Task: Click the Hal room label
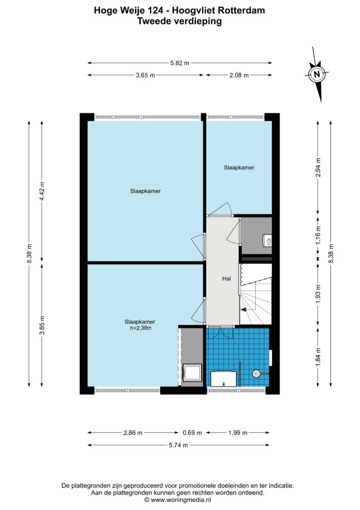click(x=227, y=278)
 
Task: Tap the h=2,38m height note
click(x=141, y=328)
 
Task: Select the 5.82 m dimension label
click(x=180, y=63)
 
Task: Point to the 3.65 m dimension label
click(x=145, y=75)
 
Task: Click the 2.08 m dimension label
click(x=239, y=75)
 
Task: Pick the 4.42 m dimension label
click(x=42, y=191)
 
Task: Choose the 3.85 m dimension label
click(x=42, y=325)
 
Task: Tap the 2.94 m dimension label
click(x=318, y=167)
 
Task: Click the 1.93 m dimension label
click(x=318, y=294)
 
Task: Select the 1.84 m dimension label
click(x=318, y=357)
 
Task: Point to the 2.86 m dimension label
click(x=133, y=433)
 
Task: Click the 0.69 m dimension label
click(x=192, y=433)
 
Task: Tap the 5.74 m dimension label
click(x=178, y=445)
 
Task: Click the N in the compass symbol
click(x=317, y=74)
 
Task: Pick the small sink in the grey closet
click(x=268, y=241)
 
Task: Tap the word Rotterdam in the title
click(x=241, y=10)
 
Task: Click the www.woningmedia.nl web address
click(x=181, y=500)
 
